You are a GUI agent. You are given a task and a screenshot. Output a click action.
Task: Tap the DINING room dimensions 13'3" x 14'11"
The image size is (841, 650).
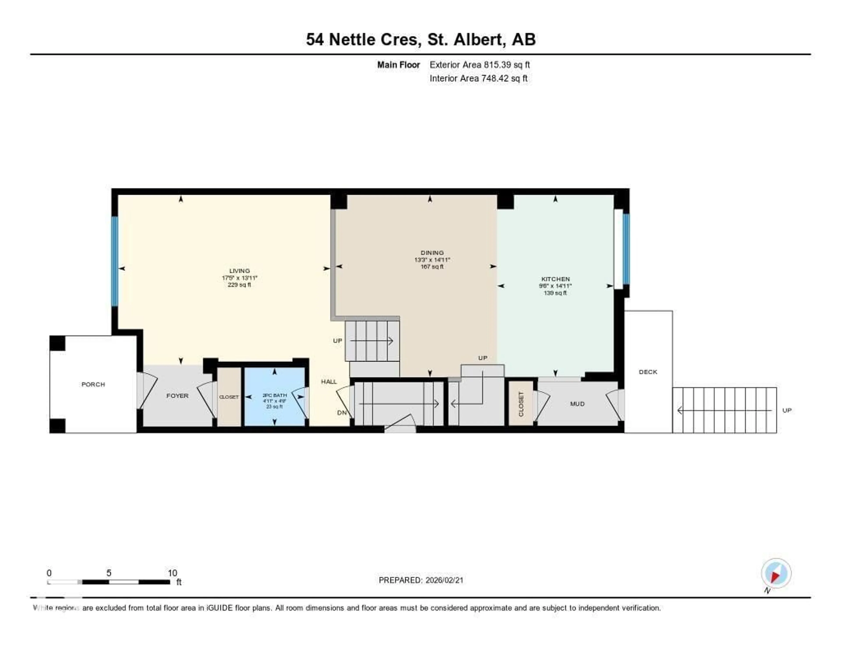pyautogui.click(x=432, y=260)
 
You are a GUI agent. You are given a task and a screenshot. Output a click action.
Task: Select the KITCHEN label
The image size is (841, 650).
pyautogui.click(x=555, y=279)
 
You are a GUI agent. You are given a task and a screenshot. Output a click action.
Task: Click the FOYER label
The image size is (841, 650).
pyautogui.click(x=177, y=396)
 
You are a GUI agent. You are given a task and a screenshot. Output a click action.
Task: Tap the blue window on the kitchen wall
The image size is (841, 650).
pyautogui.click(x=626, y=249)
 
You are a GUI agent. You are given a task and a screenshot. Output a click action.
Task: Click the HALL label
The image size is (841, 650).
pyautogui.click(x=329, y=382)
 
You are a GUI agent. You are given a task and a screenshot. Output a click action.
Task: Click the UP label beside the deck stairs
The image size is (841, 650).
pyautogui.click(x=787, y=410)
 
